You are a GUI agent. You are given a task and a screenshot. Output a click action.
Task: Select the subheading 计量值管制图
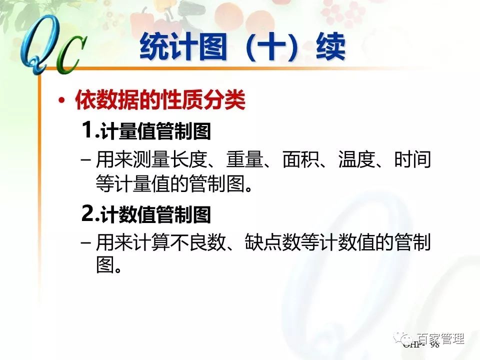click(x=156, y=132)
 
